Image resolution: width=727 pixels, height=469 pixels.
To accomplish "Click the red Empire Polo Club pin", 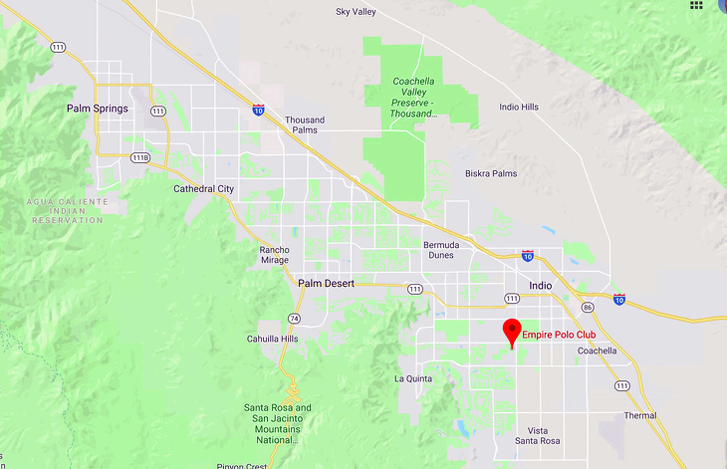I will [x=512, y=330].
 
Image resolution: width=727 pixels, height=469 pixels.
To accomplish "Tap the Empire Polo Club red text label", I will [x=559, y=335].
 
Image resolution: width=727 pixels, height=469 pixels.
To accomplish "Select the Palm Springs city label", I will [x=97, y=109].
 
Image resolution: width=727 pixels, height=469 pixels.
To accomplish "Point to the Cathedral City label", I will [x=203, y=189].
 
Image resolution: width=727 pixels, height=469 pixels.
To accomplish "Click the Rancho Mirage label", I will [x=275, y=255].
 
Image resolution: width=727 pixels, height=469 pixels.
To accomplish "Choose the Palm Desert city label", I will [x=326, y=283].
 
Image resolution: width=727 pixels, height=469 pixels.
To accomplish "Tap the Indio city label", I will [x=540, y=285].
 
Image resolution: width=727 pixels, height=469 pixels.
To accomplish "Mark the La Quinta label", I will [x=413, y=379].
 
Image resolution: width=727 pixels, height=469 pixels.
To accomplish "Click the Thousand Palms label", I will [x=304, y=125].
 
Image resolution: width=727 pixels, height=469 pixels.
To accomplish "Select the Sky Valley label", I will [x=356, y=12].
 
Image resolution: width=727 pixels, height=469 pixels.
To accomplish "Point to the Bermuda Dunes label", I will [x=441, y=250].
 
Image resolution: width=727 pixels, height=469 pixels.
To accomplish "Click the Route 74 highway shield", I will [x=294, y=319].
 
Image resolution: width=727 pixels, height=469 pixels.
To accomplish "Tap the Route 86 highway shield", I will [x=588, y=307].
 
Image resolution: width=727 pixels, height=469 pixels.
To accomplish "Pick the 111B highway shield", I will [x=140, y=157].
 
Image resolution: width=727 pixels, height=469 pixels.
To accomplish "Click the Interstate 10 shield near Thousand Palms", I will [x=258, y=110].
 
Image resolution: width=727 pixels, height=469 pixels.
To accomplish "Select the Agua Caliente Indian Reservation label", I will [x=67, y=211].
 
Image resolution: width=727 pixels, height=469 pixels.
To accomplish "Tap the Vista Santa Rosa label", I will [x=537, y=436].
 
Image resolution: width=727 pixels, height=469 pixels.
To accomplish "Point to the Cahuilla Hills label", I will [x=272, y=339].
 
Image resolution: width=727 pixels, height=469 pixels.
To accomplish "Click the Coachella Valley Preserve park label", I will [x=413, y=97].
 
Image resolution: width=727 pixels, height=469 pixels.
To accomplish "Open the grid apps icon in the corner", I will [x=696, y=5].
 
